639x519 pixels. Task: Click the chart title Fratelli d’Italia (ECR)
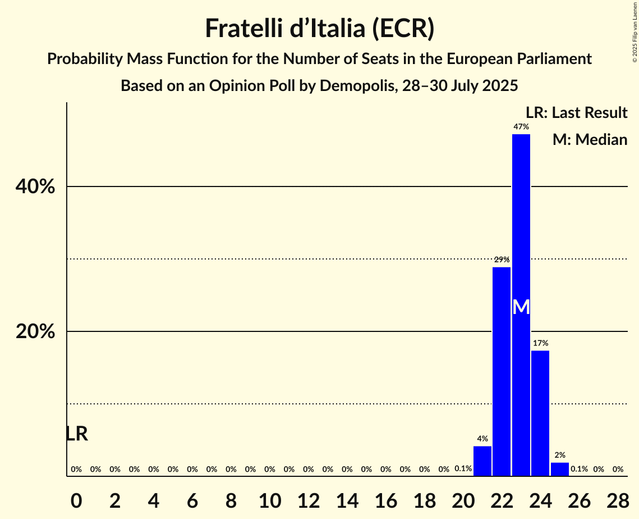pos(319,29)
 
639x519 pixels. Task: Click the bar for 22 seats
pos(502,371)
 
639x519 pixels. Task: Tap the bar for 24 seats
pos(540,413)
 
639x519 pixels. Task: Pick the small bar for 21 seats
pos(482,461)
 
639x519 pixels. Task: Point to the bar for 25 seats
pos(559,469)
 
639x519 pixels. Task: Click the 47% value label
pos(521,127)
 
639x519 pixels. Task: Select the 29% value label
pos(502,259)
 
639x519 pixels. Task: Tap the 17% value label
pos(540,343)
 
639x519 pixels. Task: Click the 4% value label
pos(482,439)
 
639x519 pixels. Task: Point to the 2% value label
pos(559,456)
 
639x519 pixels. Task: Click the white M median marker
pos(521,307)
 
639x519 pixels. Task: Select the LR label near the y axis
pos(76,434)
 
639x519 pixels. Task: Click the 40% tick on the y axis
pos(35,187)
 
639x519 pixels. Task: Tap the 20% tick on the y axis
pos(35,332)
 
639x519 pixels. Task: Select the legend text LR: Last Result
pos(576,113)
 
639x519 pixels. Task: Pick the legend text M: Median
pos(590,139)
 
